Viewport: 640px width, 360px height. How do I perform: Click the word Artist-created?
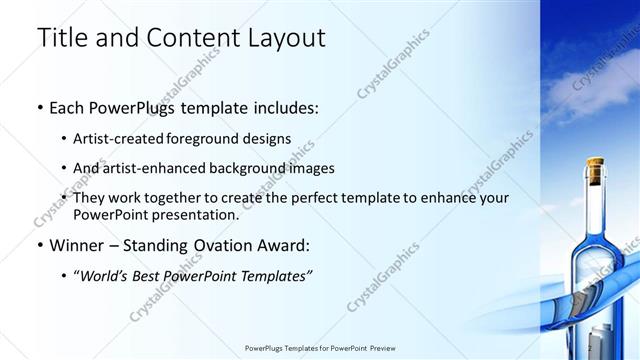pyautogui.click(x=120, y=138)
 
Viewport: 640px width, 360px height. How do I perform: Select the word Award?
pyautogui.click(x=284, y=245)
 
